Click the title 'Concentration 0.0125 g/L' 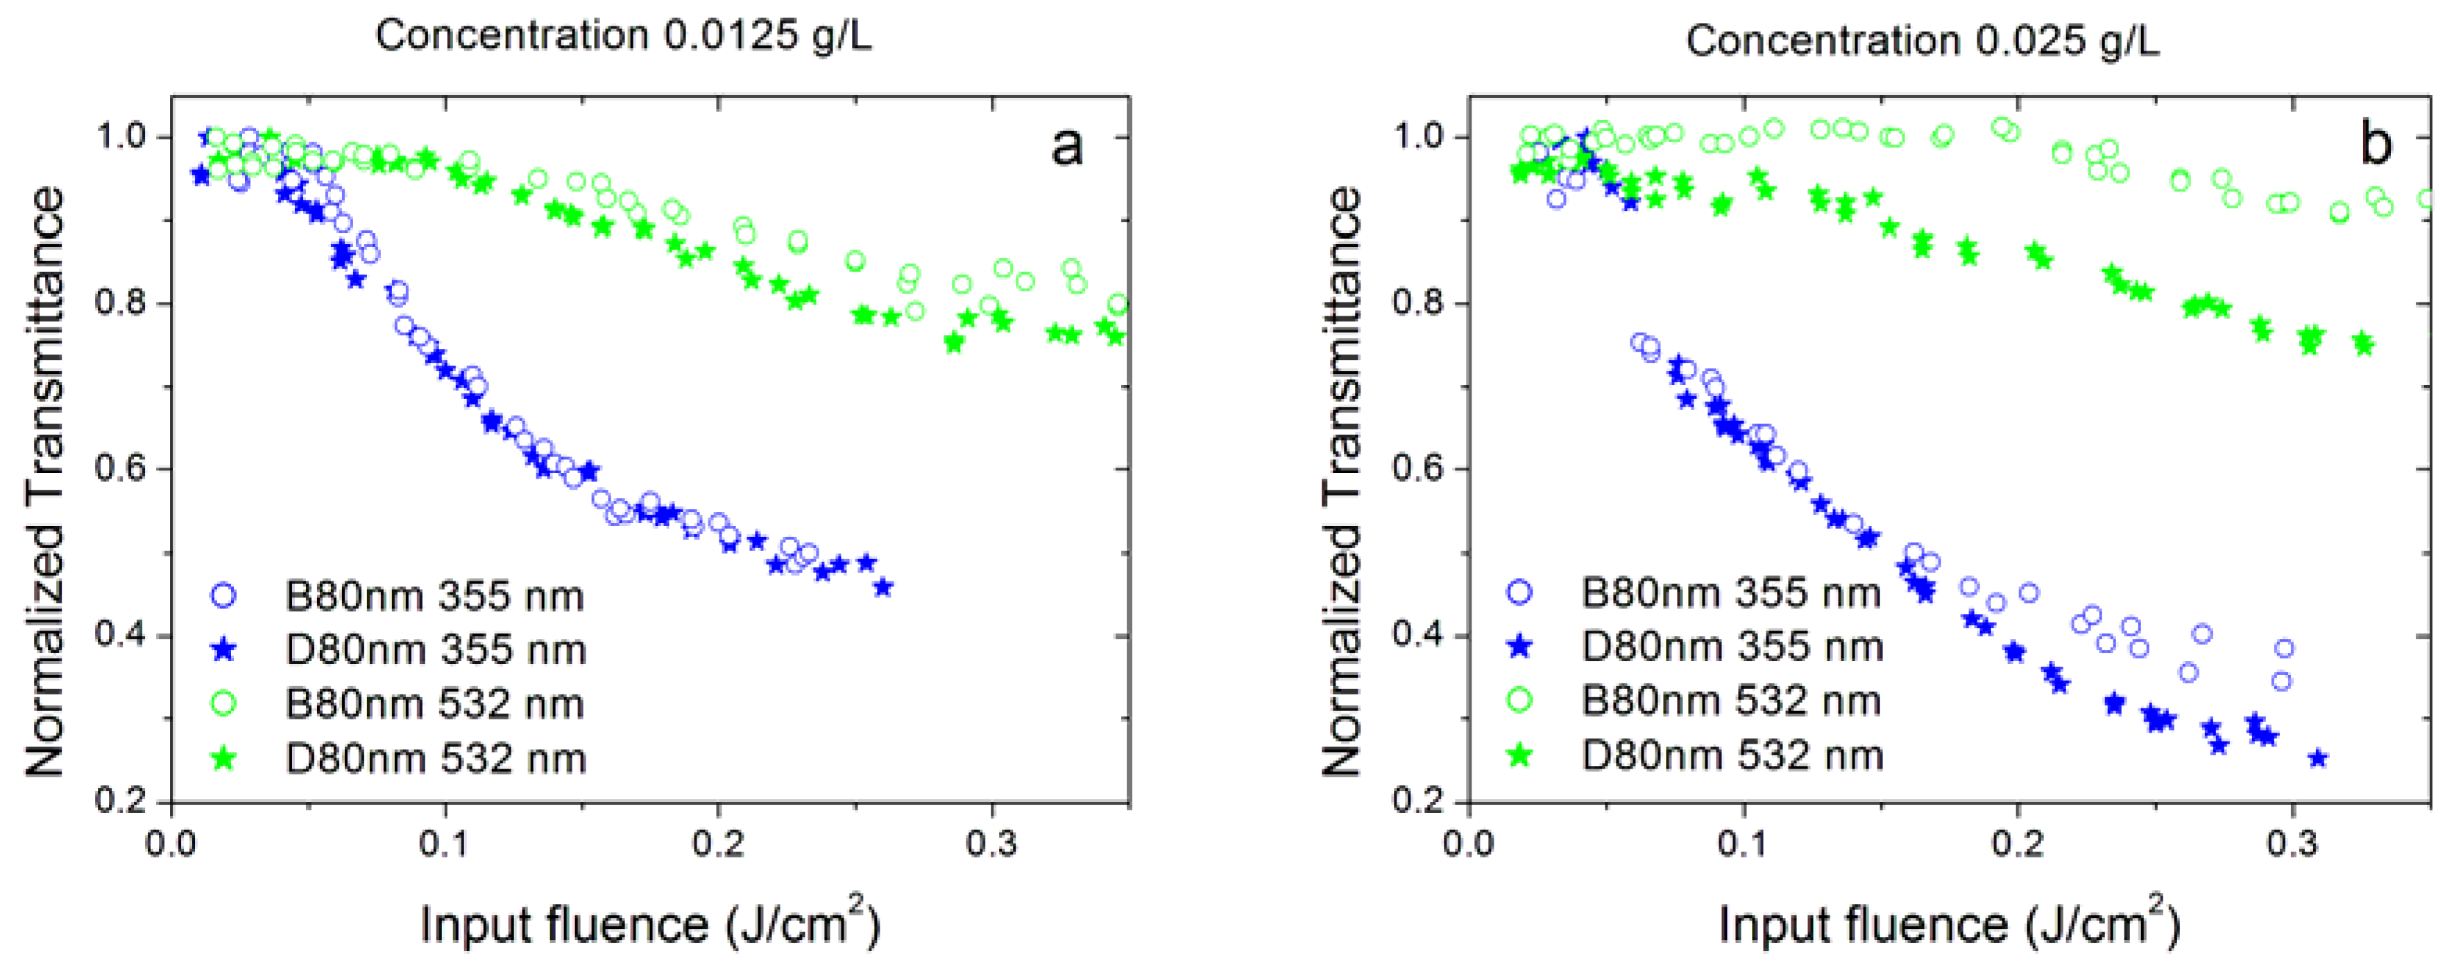pyautogui.click(x=624, y=36)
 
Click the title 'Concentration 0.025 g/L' pyautogui.click(x=1922, y=40)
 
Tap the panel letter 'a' pyautogui.click(x=1066, y=146)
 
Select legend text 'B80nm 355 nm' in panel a pyautogui.click(x=434, y=597)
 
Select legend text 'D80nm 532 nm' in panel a pyautogui.click(x=435, y=758)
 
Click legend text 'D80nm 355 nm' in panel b pyautogui.click(x=1732, y=647)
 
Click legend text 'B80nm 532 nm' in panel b pyautogui.click(x=1730, y=701)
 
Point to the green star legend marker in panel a pyautogui.click(x=223, y=758)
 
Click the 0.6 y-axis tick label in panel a pyautogui.click(x=121, y=469)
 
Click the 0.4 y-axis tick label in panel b pyautogui.click(x=1417, y=635)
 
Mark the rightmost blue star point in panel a pyautogui.click(x=883, y=587)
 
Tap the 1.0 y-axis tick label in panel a pyautogui.click(x=121, y=137)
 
